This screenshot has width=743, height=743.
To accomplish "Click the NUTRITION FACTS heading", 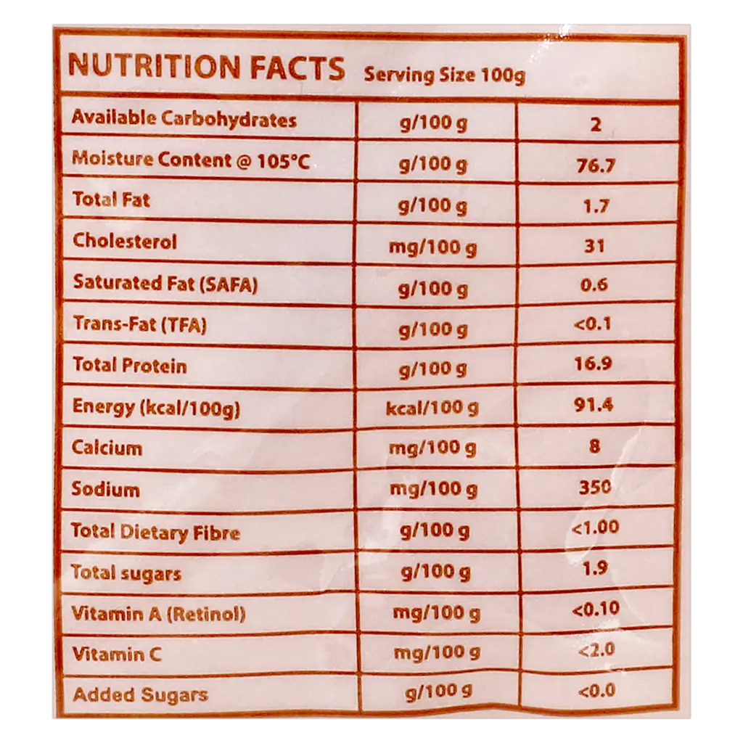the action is pyautogui.click(x=207, y=67).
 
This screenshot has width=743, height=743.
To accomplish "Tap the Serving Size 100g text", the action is pyautogui.click(x=445, y=75).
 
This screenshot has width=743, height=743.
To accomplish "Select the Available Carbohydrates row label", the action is pyautogui.click(x=184, y=118).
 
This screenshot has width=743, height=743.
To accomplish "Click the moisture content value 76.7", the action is pyautogui.click(x=596, y=165).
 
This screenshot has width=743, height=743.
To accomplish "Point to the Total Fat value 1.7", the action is pyautogui.click(x=596, y=206).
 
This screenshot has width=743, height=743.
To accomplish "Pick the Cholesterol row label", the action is pyautogui.click(x=125, y=241).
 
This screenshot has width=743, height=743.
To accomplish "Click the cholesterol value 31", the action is pyautogui.click(x=594, y=246).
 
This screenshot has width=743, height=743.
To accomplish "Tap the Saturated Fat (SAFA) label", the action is pyautogui.click(x=165, y=284).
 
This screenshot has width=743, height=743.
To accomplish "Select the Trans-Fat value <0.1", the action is pyautogui.click(x=592, y=324).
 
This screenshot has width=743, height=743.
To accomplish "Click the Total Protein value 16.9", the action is pyautogui.click(x=593, y=364).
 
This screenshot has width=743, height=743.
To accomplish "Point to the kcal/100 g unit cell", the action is pyautogui.click(x=432, y=408).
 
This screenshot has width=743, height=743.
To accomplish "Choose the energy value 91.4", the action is pyautogui.click(x=594, y=405).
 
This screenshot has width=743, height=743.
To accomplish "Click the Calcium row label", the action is pyautogui.click(x=107, y=448).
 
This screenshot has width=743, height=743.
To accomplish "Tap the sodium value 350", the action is pyautogui.click(x=595, y=487).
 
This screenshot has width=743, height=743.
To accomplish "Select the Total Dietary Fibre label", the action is pyautogui.click(x=155, y=532).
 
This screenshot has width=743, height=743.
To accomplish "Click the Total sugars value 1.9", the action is pyautogui.click(x=595, y=567).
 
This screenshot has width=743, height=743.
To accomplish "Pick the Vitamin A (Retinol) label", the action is pyautogui.click(x=158, y=614).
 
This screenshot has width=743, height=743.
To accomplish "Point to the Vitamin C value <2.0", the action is pyautogui.click(x=596, y=649).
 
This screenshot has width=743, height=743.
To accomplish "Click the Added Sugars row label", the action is pyautogui.click(x=141, y=694).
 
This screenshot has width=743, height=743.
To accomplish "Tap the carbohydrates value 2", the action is pyautogui.click(x=596, y=125).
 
